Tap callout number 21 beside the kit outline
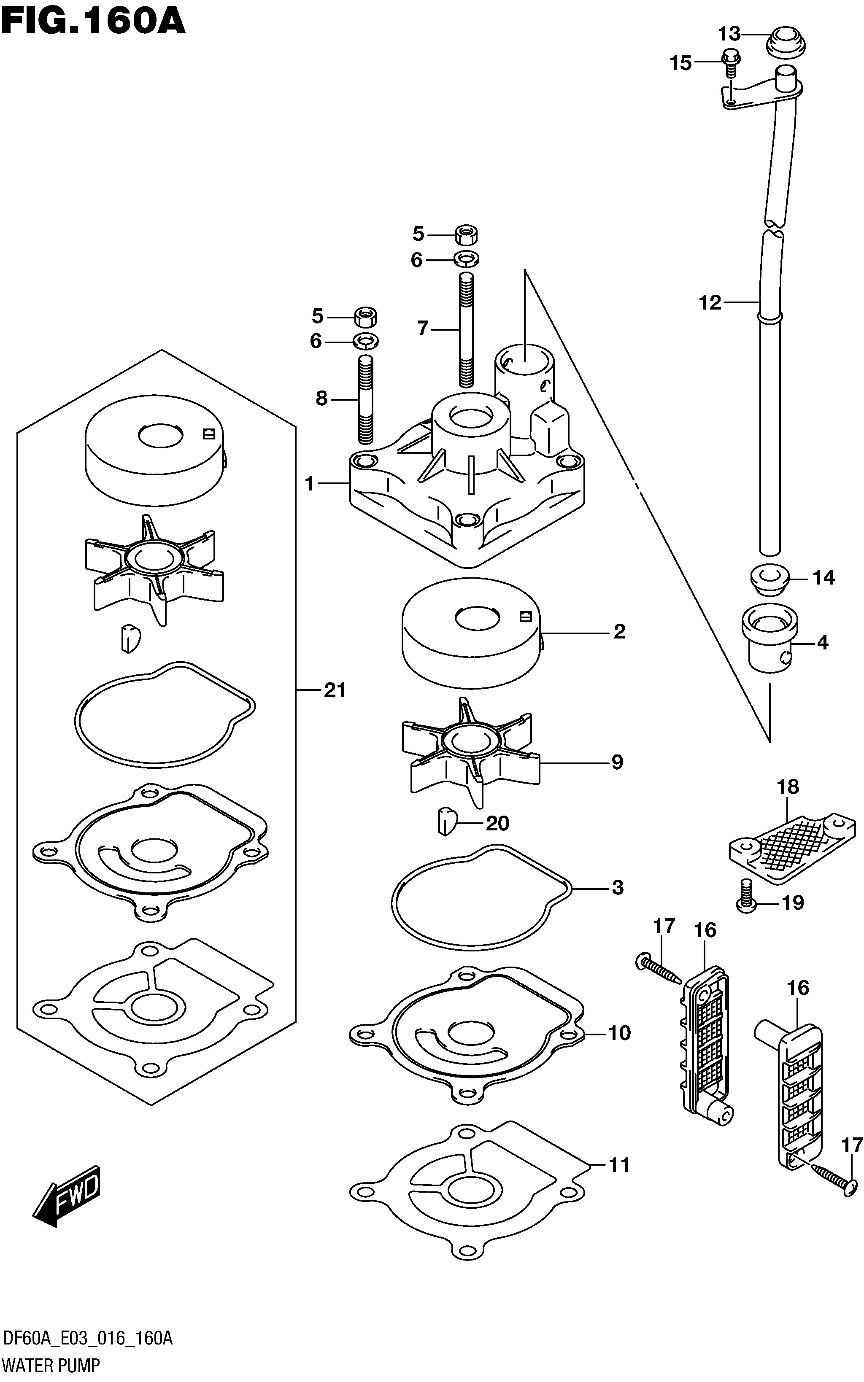click(335, 690)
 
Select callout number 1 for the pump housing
click(309, 484)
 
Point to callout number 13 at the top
click(729, 34)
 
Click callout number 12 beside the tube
click(710, 303)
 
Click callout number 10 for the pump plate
click(619, 1032)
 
